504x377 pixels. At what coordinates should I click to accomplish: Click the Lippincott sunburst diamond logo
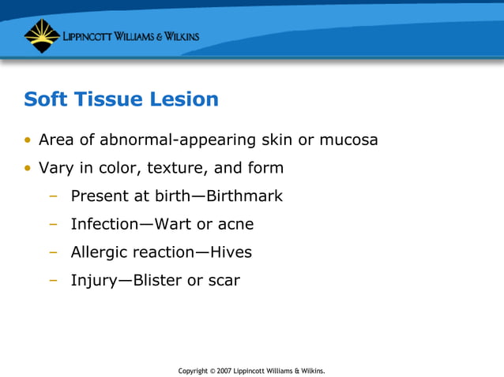(42, 35)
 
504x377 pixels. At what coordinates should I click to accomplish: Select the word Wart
(173, 224)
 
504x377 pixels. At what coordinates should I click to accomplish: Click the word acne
(235, 224)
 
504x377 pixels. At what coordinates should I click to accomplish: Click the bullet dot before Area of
(28, 141)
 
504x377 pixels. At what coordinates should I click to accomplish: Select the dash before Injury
(53, 281)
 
